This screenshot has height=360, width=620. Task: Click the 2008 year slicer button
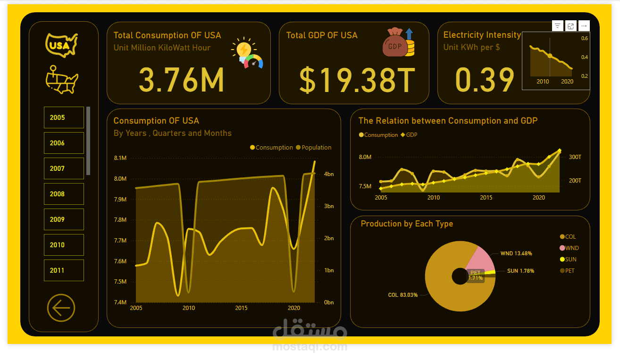coord(64,194)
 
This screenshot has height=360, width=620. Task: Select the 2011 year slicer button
coord(64,270)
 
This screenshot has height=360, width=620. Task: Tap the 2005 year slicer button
coord(64,117)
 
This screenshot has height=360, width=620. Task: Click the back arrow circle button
coord(61,308)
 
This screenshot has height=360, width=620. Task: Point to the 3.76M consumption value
coord(181,80)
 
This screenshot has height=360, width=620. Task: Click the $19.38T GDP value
coord(357,80)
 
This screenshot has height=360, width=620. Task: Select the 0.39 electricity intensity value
coord(485,80)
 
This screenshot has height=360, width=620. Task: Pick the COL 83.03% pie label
coord(403,295)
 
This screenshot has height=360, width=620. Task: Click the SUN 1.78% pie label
coord(519,271)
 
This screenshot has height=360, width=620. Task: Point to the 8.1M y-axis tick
coord(120,158)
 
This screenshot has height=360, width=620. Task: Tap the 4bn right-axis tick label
coord(328,174)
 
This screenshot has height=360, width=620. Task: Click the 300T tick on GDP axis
coord(575,157)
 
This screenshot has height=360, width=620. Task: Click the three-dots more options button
coord(584,26)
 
